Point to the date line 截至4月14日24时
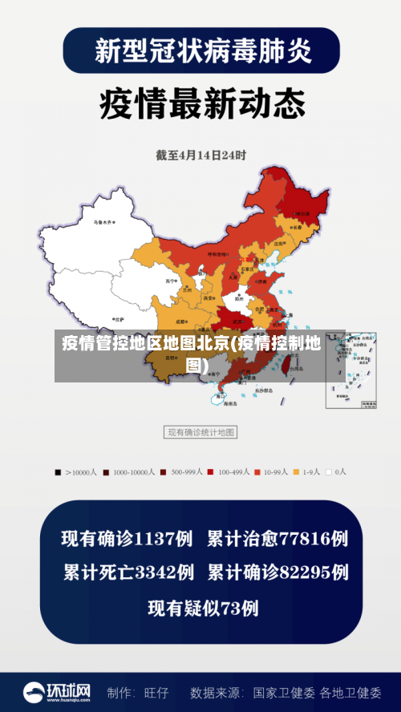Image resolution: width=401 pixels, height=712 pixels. [200, 155]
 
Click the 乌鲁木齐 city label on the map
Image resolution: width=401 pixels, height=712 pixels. [103, 220]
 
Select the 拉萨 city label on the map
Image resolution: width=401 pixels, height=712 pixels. [119, 319]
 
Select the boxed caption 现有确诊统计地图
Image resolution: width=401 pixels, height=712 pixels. [200, 432]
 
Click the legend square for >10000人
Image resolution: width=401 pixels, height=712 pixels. [58, 472]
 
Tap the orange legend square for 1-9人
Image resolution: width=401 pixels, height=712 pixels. [295, 472]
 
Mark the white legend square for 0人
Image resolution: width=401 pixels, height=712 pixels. [329, 472]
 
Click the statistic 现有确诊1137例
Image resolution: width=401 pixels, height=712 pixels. [128, 539]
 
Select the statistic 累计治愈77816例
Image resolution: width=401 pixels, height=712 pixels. [277, 539]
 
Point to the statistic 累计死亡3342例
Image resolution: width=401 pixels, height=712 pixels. [128, 572]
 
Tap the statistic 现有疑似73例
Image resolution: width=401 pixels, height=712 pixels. [203, 609]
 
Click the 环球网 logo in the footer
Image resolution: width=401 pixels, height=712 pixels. [56, 691]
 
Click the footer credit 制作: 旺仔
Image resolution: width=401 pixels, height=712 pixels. [138, 692]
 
